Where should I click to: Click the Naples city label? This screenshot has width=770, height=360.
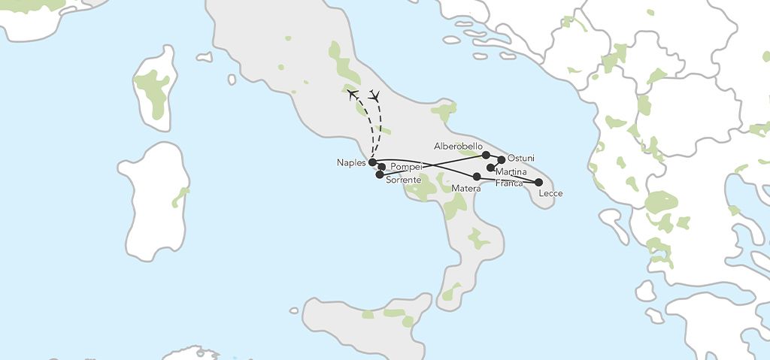pyautogui.click(x=351, y=162)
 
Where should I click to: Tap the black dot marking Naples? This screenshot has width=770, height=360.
pyautogui.click(x=372, y=162)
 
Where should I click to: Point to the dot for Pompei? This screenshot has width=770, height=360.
pyautogui.click(x=382, y=167)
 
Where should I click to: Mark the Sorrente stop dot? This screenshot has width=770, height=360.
pyautogui.click(x=379, y=174)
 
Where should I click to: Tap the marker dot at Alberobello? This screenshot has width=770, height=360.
pyautogui.click(x=486, y=155)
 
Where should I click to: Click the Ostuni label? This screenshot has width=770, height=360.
pyautogui.click(x=520, y=158)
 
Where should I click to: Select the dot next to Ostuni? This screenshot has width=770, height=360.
pyautogui.click(x=502, y=159)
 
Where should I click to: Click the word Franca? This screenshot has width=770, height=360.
pyautogui.click(x=508, y=183)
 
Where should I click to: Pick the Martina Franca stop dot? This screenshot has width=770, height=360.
pyautogui.click(x=490, y=168)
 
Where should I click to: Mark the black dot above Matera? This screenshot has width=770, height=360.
pyautogui.click(x=477, y=177)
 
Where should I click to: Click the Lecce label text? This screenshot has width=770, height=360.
pyautogui.click(x=550, y=194)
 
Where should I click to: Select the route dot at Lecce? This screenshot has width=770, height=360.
pyautogui.click(x=538, y=182)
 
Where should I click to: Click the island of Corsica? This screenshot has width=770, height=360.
pyautogui.click(x=156, y=88)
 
